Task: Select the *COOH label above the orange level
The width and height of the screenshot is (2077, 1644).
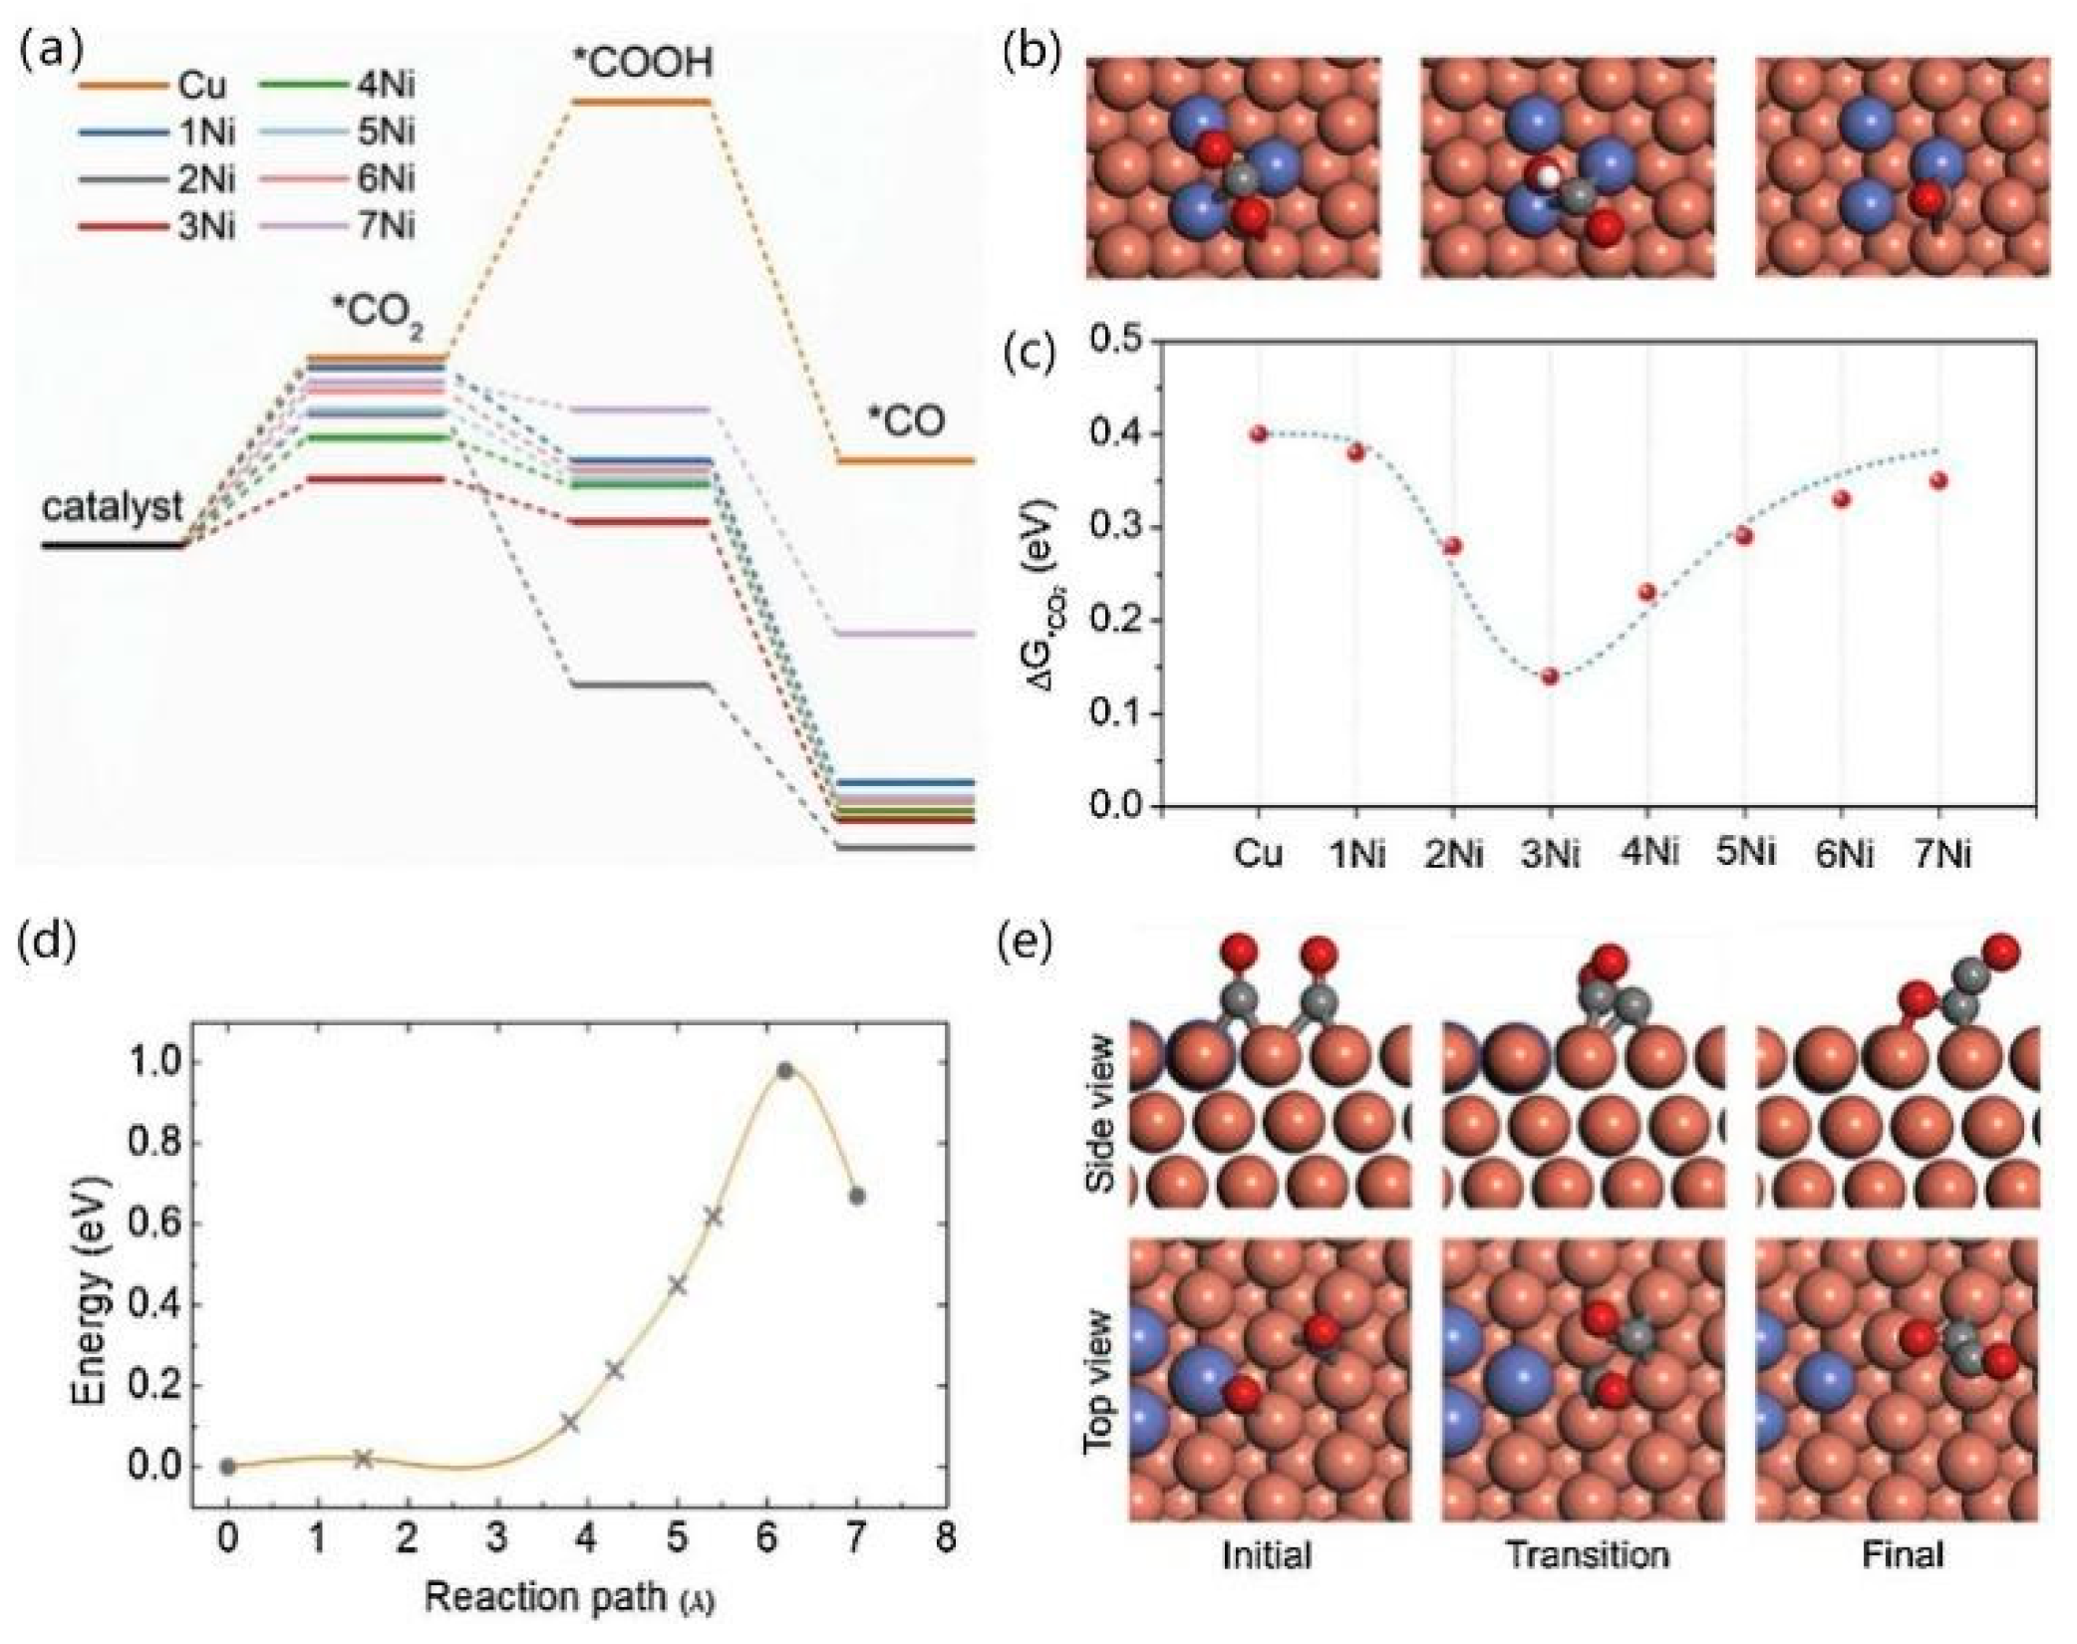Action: tap(643, 63)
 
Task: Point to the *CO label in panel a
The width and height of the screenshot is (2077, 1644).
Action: tap(904, 422)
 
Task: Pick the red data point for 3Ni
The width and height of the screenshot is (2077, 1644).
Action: tap(1550, 677)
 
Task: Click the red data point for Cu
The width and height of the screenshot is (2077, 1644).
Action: tap(1258, 433)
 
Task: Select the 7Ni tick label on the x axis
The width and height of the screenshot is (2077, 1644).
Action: tap(1937, 855)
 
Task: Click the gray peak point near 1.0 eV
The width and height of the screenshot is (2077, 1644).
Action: tap(784, 1071)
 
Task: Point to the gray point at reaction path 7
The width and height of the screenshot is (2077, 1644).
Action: tap(856, 1196)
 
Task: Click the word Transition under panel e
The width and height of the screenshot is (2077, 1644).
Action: tap(1587, 1554)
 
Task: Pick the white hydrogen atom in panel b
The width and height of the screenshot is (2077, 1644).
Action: tap(1546, 176)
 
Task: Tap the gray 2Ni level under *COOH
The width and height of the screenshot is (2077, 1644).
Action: tap(639, 685)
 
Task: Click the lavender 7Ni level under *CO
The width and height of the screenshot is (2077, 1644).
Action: tap(903, 634)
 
